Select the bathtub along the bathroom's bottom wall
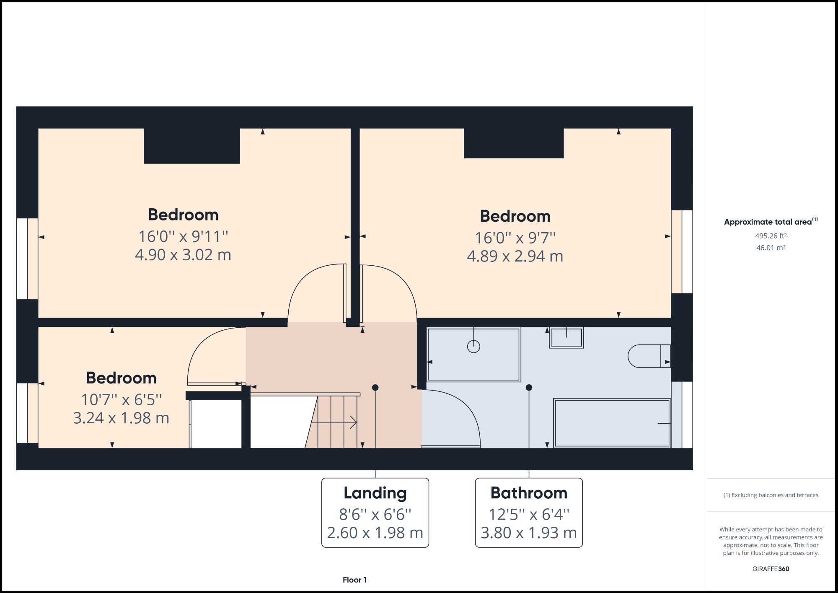click(612, 423)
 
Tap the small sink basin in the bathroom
click(566, 337)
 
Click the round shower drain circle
click(473, 347)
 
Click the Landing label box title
click(375, 493)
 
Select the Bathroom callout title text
click(529, 493)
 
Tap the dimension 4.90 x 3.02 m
click(183, 255)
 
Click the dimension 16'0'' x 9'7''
click(515, 238)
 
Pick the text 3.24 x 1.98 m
click(121, 418)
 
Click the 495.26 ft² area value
click(771, 236)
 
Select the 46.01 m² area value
click(771, 248)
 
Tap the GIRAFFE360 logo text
click(771, 569)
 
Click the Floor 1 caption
click(354, 580)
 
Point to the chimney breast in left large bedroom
click(192, 146)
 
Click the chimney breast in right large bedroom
click(513, 143)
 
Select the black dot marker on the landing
click(375, 388)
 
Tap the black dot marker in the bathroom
click(529, 388)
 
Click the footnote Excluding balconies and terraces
click(771, 495)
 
